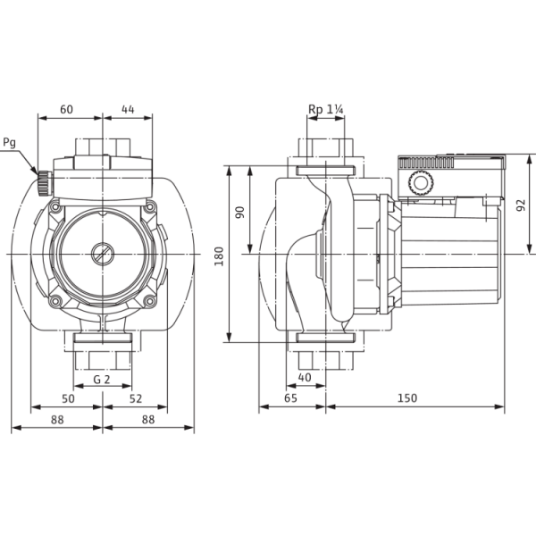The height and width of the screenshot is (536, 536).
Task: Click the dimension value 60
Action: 66,109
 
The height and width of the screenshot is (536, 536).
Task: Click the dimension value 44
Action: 128,109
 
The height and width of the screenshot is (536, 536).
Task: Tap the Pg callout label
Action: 9,143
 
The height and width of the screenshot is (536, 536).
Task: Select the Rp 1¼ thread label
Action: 326,109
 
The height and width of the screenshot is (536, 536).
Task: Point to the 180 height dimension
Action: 219,256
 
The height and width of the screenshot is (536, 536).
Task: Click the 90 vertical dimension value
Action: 240,213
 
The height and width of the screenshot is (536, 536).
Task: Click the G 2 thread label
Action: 102,380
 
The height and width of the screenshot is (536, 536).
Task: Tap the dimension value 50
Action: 68,398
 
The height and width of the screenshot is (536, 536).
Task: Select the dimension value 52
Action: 136,398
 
